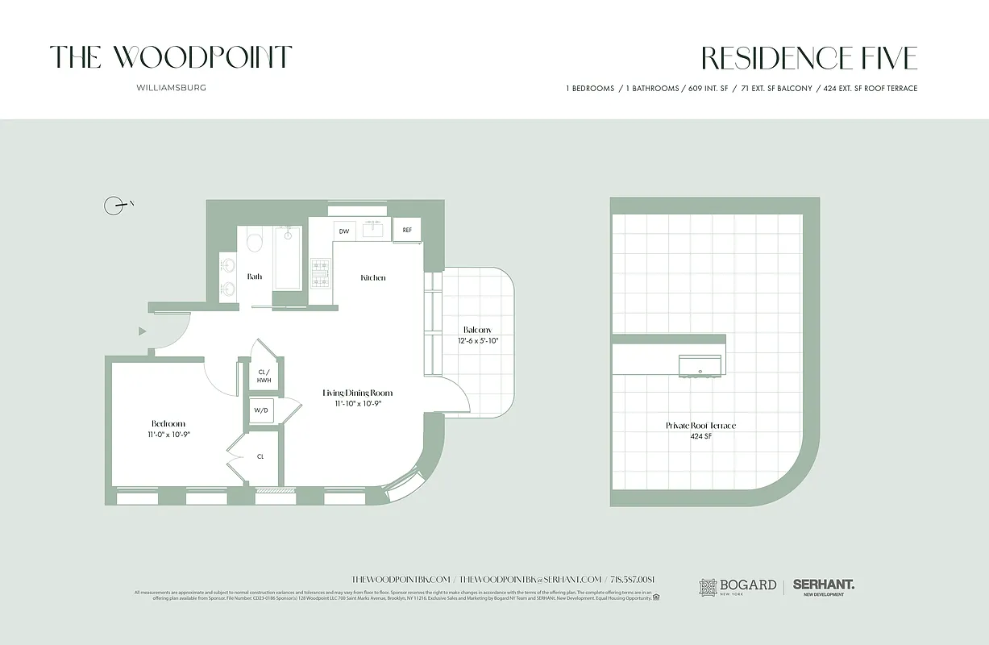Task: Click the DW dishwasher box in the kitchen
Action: (x=344, y=231)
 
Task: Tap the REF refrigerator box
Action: (x=407, y=230)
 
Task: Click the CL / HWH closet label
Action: (x=263, y=375)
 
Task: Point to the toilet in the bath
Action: (x=256, y=243)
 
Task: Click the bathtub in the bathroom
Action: (x=288, y=257)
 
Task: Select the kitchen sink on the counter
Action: (x=373, y=230)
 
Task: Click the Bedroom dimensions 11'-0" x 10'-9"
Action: (x=168, y=435)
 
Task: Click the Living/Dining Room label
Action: (x=357, y=393)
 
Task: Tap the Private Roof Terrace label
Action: (x=700, y=426)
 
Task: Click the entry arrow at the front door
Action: (x=143, y=331)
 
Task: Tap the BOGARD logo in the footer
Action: (x=738, y=586)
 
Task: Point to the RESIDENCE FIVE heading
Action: (x=808, y=59)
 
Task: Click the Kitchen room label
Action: (x=372, y=277)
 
